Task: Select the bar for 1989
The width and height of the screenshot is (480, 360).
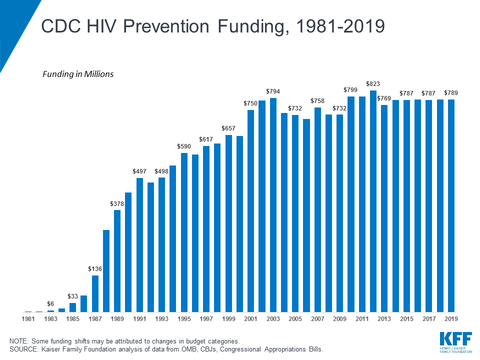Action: tap(117, 260)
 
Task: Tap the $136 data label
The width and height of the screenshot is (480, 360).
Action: tap(95, 269)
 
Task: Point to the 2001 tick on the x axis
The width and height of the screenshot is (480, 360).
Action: tap(250, 318)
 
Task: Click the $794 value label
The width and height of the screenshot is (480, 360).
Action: tap(273, 91)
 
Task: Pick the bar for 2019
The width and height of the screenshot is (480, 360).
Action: tap(451, 205)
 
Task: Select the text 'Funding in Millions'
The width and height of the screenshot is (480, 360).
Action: tap(78, 74)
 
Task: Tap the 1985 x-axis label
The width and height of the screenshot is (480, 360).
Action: tap(73, 318)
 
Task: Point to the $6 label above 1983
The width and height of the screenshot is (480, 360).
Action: tap(50, 304)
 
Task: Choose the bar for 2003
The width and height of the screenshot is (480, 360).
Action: tap(273, 204)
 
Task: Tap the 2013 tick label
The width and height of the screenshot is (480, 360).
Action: tap(384, 318)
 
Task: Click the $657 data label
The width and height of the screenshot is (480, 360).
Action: tap(228, 128)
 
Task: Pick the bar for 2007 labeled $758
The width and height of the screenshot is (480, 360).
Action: tap(317, 209)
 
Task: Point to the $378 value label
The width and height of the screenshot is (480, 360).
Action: tap(117, 203)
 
